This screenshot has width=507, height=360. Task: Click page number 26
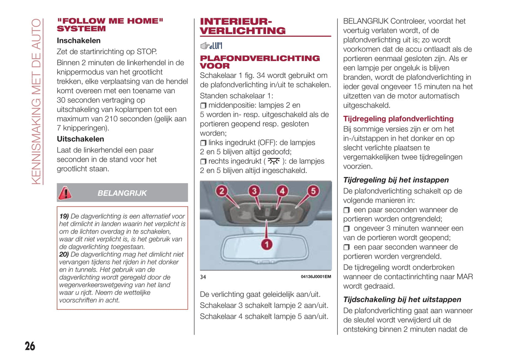point(30,346)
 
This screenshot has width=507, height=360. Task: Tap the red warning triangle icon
point(65,193)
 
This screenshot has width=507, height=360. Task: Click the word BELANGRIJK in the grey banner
point(122,193)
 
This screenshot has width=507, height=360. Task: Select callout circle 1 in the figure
point(267,244)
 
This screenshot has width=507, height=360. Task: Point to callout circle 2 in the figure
point(221,191)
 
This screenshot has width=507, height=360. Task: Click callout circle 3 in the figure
point(254,191)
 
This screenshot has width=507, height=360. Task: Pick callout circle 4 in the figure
point(282,191)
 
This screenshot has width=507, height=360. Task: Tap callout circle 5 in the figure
point(313,191)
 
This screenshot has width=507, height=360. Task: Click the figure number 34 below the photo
point(203,277)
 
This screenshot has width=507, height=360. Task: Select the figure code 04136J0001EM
point(316,276)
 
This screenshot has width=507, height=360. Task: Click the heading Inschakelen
point(79,41)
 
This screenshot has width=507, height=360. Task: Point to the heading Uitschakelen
point(80,139)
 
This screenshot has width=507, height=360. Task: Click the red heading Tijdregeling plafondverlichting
point(398,119)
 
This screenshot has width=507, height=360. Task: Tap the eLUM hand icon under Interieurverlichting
point(211,46)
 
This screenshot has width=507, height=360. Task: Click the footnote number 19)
point(64,216)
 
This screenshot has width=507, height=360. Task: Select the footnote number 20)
point(64,254)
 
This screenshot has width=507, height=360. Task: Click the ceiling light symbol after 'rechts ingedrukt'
point(274,161)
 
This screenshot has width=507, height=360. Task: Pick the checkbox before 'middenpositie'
point(203,106)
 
